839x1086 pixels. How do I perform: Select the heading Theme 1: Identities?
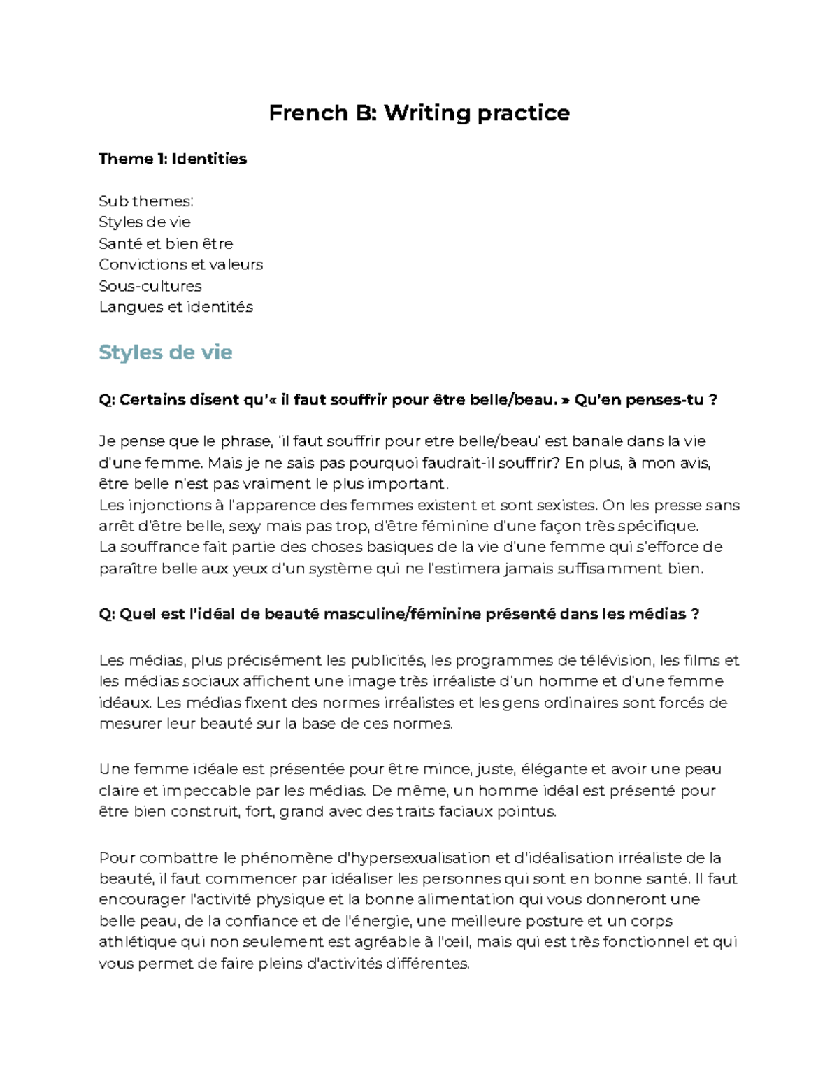tap(173, 159)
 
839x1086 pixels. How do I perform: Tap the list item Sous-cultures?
tap(150, 286)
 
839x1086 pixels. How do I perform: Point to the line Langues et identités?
tap(175, 307)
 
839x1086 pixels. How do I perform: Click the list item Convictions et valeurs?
tap(180, 264)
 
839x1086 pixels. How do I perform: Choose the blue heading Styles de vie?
tap(165, 352)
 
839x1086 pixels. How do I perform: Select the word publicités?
tap(388, 660)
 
